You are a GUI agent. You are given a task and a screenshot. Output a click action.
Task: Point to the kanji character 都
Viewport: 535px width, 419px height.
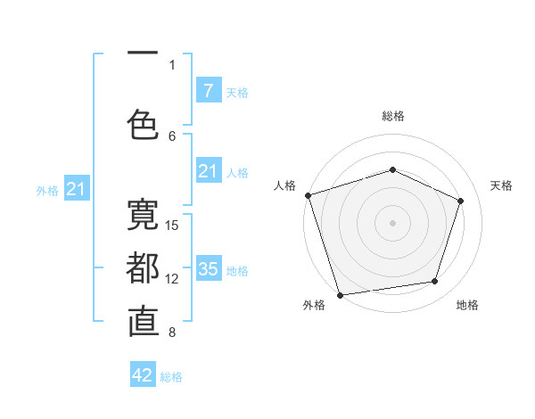pyautogui.click(x=143, y=268)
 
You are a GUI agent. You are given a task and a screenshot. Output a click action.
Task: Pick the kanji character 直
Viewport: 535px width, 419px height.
pyautogui.click(x=143, y=322)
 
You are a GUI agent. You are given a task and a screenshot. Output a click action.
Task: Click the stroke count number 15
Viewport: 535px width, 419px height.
pyautogui.click(x=173, y=225)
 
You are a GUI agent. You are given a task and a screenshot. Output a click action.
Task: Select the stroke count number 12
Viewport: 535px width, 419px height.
pyautogui.click(x=173, y=279)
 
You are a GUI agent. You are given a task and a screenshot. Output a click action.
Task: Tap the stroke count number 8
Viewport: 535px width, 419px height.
pyautogui.click(x=172, y=333)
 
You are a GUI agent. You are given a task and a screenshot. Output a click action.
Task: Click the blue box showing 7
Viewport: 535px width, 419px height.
pyautogui.click(x=208, y=90)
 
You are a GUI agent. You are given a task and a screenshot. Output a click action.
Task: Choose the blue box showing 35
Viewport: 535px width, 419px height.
pyautogui.click(x=208, y=268)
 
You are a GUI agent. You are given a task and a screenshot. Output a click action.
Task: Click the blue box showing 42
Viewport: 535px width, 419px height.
pyautogui.click(x=143, y=375)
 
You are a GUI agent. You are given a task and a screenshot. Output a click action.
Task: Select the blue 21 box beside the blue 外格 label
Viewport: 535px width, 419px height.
pyautogui.click(x=77, y=188)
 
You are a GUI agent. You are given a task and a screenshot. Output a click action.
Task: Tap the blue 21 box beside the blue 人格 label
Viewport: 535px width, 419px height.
pyautogui.click(x=208, y=171)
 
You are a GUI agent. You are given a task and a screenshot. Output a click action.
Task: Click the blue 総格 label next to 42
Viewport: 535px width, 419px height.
pyautogui.click(x=171, y=377)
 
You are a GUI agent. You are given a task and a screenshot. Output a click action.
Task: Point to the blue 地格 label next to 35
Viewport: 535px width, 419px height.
pyautogui.click(x=237, y=270)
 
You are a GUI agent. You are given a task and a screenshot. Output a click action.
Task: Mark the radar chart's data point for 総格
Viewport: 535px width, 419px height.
pyautogui.click(x=392, y=169)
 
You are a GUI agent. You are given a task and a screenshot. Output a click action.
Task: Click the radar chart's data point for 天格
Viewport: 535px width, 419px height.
pyautogui.click(x=461, y=201)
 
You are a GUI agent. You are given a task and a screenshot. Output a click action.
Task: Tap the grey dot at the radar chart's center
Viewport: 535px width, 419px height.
pyautogui.click(x=392, y=222)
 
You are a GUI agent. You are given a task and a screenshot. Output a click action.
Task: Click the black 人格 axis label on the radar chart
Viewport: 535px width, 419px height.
pyautogui.click(x=284, y=185)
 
